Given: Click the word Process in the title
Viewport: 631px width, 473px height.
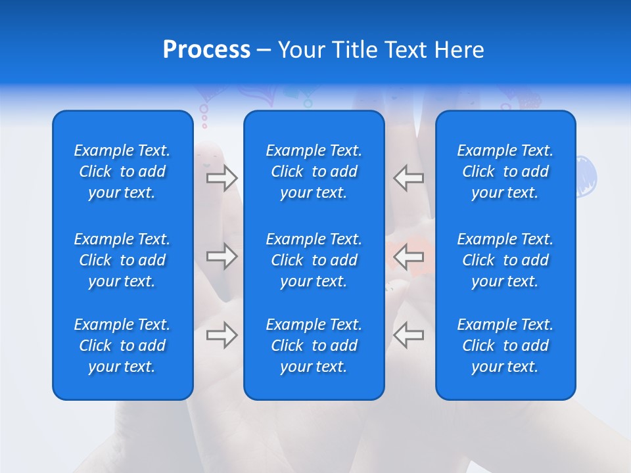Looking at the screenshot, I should (x=206, y=50).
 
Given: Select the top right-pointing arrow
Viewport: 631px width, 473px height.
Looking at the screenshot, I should (x=222, y=177).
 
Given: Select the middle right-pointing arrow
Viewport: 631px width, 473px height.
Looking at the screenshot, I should (x=222, y=256).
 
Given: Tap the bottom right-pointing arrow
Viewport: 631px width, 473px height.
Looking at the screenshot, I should (x=222, y=335).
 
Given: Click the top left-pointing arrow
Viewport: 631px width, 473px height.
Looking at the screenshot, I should (x=408, y=177).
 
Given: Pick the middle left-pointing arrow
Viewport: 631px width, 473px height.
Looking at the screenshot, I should (x=408, y=256).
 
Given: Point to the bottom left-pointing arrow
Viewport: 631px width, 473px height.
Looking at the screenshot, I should (x=408, y=335).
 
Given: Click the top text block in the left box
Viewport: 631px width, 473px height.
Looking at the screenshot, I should (x=122, y=171).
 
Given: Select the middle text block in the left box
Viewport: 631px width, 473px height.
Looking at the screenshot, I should (x=122, y=260).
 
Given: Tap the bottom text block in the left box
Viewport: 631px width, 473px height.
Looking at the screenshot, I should (x=122, y=346).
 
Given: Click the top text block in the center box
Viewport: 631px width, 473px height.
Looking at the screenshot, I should (x=314, y=171).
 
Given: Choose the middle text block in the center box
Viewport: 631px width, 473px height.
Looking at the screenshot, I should (x=314, y=260).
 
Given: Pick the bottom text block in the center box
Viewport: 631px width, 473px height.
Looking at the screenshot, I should (x=314, y=346).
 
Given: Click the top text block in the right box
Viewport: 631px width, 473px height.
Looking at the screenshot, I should (x=505, y=171).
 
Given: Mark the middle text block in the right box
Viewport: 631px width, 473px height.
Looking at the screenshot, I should (x=505, y=260).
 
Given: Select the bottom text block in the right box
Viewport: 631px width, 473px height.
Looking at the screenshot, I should (x=505, y=346).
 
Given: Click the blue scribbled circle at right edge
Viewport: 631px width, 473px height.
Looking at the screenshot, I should (x=586, y=176).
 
